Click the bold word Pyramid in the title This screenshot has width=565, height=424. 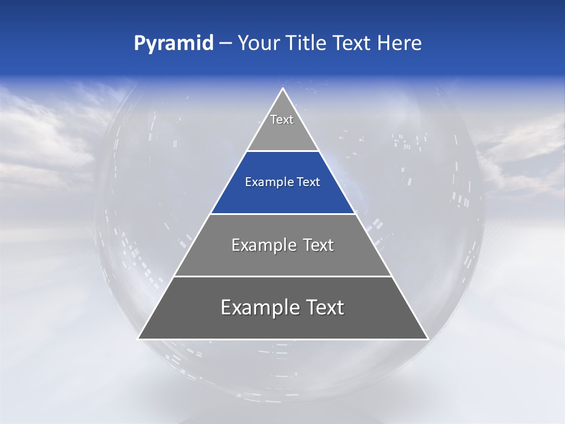[174, 44]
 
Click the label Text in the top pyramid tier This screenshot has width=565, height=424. [282, 120]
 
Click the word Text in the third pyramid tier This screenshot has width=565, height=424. [318, 245]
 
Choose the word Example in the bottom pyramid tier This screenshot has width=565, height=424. [253, 307]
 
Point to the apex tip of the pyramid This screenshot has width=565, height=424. [282, 89]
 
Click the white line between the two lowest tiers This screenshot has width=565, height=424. [282, 276]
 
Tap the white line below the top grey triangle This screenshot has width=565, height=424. [282, 151]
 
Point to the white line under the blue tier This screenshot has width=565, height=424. [282, 214]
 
